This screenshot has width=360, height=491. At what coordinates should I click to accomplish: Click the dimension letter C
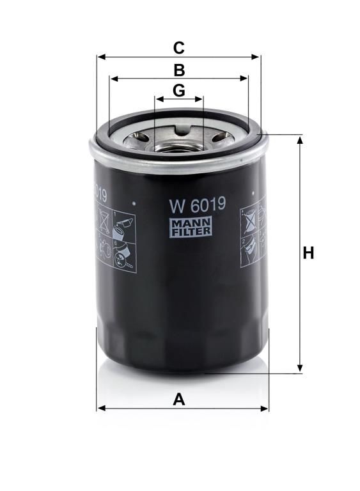pyautogui.click(x=178, y=48)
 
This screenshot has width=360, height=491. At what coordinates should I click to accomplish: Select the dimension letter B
pyautogui.click(x=179, y=70)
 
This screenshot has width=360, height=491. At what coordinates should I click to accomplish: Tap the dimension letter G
pyautogui.click(x=178, y=91)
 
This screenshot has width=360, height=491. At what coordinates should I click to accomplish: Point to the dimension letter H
pyautogui.click(x=308, y=253)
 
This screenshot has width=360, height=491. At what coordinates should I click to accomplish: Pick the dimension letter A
pyautogui.click(x=179, y=400)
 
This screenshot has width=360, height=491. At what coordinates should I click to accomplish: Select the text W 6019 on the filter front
pyautogui.click(x=198, y=205)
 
